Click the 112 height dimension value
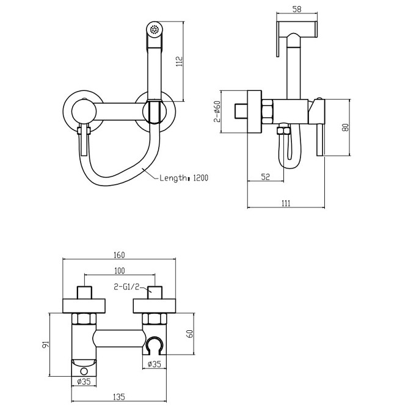180,61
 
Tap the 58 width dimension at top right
297,9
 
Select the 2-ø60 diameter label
217,111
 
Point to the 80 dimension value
345,128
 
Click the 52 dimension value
265,177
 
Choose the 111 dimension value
286,203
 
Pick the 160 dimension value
119,255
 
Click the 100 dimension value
119,271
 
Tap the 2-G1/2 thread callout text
126,287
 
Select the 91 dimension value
46,344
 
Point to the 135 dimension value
119,397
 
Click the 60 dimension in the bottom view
191,334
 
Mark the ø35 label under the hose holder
155,364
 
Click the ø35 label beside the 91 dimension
84,382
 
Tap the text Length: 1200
184,178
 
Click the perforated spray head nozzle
155,29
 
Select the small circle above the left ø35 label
84,371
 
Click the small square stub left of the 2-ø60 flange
241,111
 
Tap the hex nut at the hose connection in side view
283,131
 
